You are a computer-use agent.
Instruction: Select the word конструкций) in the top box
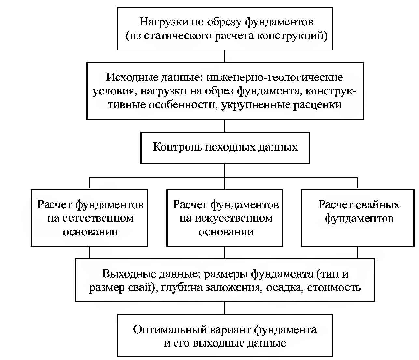pyautogui.click(x=292, y=36)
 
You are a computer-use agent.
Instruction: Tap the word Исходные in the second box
pyautogui.click(x=132, y=77)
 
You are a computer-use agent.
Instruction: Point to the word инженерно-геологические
pyautogui.click(x=275, y=78)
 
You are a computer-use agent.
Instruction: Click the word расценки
pyautogui.click(x=317, y=105)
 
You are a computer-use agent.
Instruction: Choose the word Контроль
pyautogui.click(x=177, y=147)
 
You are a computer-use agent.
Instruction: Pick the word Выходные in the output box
pyautogui.click(x=129, y=274)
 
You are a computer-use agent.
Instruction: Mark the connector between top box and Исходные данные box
pyautogui.click(x=225, y=56)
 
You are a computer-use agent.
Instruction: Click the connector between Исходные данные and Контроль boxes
pyautogui.click(x=225, y=126)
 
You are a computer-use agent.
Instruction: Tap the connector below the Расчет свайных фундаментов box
pyautogui.click(x=357, y=252)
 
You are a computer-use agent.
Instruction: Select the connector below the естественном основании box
pyautogui.click(x=89, y=252)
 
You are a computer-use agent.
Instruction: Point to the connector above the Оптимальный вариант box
pyautogui.click(x=224, y=308)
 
